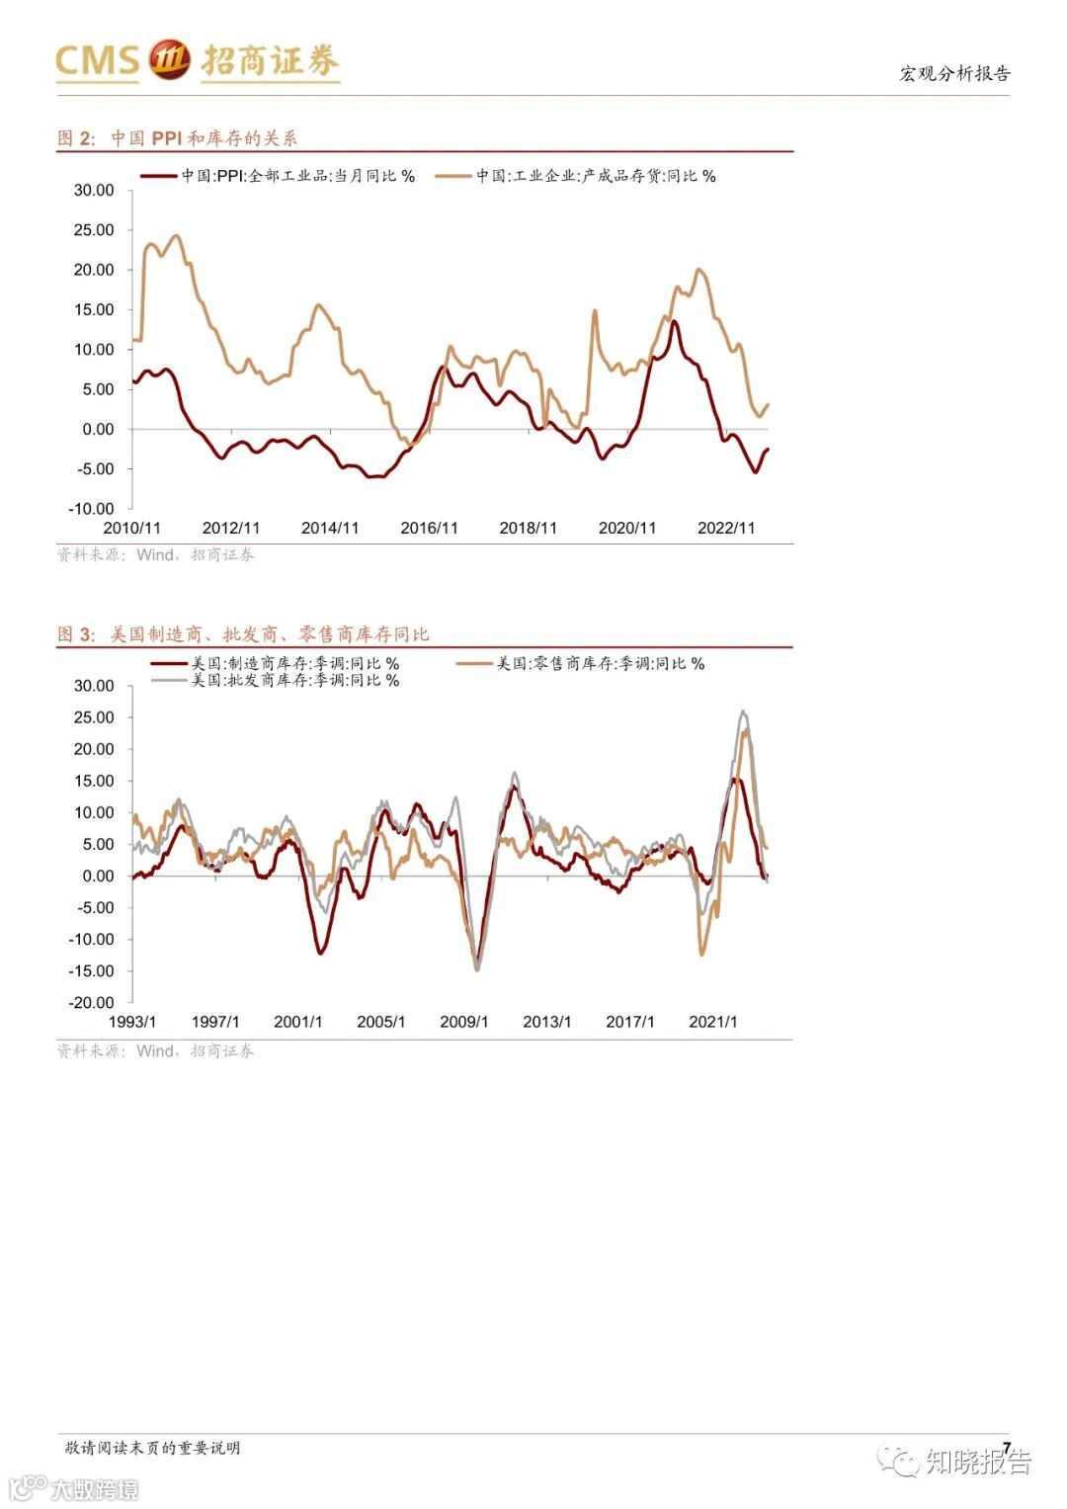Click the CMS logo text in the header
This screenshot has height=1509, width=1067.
click(x=97, y=60)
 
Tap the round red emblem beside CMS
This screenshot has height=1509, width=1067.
click(x=169, y=60)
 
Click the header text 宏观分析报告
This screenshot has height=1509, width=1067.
click(x=954, y=73)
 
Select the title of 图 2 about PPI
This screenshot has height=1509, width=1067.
click(x=177, y=138)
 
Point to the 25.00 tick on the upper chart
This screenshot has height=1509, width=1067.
click(x=94, y=230)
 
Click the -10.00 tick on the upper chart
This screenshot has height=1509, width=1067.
click(x=92, y=509)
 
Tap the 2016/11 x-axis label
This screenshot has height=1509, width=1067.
click(x=429, y=528)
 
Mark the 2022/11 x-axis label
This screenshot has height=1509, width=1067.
click(x=726, y=528)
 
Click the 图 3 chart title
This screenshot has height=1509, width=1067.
click(x=243, y=634)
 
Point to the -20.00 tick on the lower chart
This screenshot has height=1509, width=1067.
click(x=92, y=1002)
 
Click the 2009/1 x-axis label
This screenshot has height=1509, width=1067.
click(x=463, y=1022)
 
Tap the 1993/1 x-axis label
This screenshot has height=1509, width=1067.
click(x=132, y=1022)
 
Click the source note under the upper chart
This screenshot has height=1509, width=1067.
click(x=155, y=555)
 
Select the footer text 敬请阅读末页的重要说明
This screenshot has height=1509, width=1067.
click(x=152, y=1448)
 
